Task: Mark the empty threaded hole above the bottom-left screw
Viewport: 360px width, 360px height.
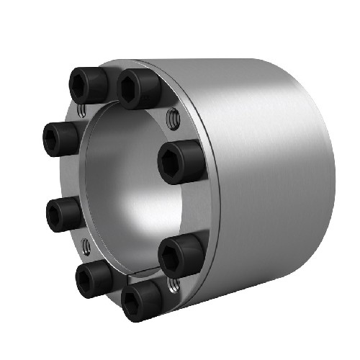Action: pyautogui.click(x=86, y=246)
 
